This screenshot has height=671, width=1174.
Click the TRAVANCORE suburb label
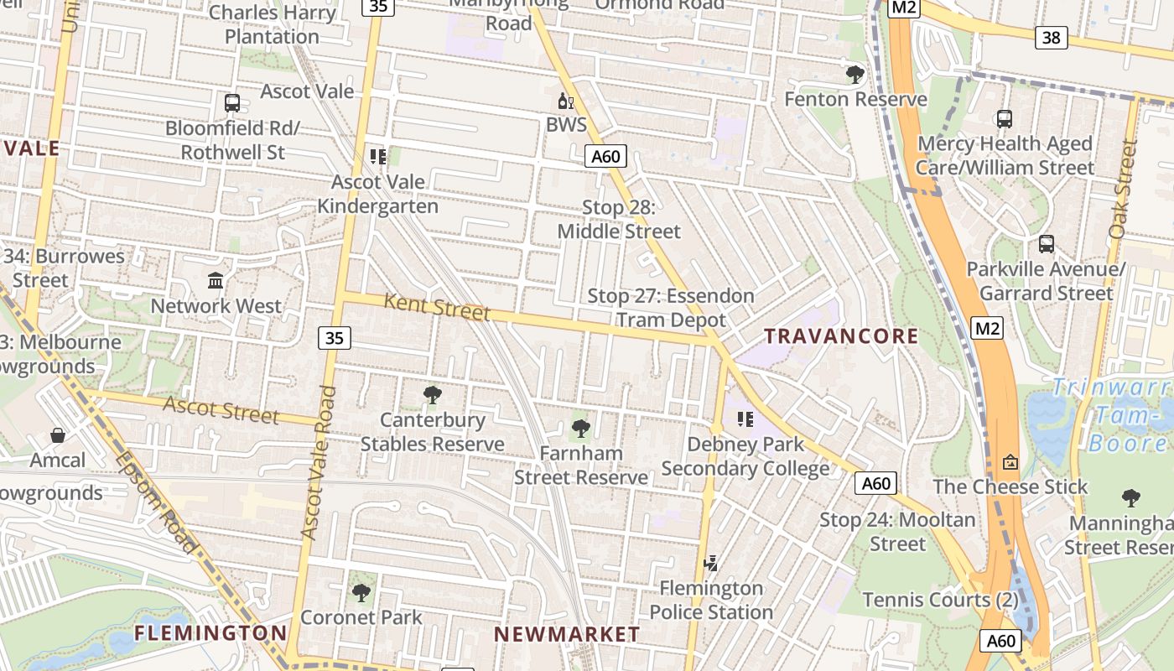[x=841, y=336]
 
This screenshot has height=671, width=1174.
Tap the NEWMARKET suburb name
[x=567, y=634]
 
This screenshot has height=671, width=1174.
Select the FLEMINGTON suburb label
[x=210, y=632]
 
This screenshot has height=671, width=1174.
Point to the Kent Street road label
[x=436, y=307]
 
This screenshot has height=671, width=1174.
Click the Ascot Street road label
[x=221, y=410]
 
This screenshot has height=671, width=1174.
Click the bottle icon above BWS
[x=566, y=101]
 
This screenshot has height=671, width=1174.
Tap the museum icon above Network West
[x=216, y=280]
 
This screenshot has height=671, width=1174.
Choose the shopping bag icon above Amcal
[x=58, y=434]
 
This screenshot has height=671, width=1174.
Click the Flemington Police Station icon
[x=711, y=563]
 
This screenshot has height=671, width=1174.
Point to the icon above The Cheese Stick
[x=1010, y=461]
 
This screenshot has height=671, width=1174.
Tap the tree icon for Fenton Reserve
[x=855, y=75]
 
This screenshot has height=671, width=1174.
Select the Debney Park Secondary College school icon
[x=745, y=419]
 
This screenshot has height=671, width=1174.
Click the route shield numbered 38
[x=1051, y=37]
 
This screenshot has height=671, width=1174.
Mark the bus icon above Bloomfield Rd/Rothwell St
[x=232, y=103]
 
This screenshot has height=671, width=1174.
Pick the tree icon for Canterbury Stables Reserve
[x=433, y=394]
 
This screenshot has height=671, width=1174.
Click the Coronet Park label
[x=361, y=617]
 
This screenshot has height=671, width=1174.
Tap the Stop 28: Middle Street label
[x=619, y=219]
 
